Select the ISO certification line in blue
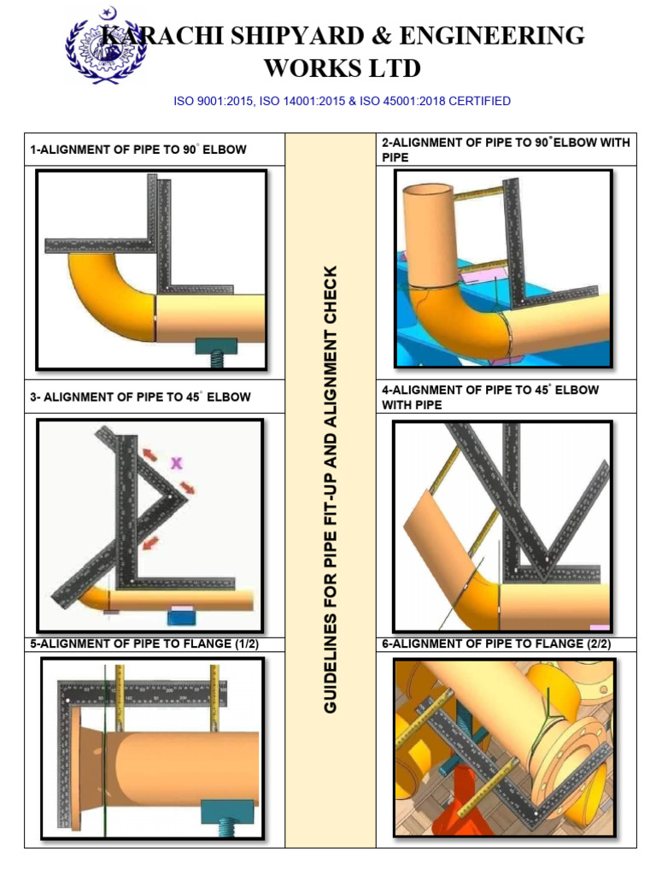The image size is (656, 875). pyautogui.click(x=342, y=101)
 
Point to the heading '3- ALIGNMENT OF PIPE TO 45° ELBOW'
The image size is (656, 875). pyautogui.click(x=140, y=397)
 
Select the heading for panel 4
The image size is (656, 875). pyautogui.click(x=490, y=397)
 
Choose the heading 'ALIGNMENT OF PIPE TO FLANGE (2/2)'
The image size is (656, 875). pyautogui.click(x=496, y=645)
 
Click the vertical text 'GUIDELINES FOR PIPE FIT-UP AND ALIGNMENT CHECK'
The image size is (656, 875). pyautogui.click(x=331, y=490)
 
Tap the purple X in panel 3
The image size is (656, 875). pyautogui.click(x=177, y=463)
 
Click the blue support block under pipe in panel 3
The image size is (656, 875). pyautogui.click(x=182, y=615)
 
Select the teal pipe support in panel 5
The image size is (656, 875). pyautogui.click(x=225, y=809)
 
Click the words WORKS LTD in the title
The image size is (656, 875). pyautogui.click(x=342, y=68)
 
